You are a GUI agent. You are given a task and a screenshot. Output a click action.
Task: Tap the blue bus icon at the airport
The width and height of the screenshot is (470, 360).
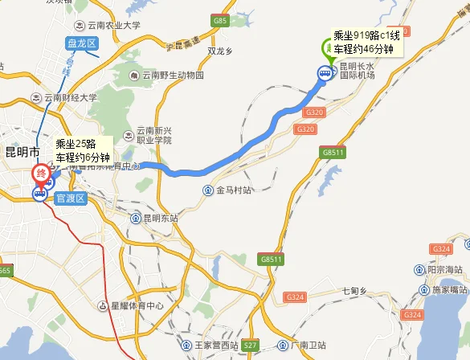[325, 74]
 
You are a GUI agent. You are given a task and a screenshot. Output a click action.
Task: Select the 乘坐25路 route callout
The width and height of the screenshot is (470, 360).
[82, 149]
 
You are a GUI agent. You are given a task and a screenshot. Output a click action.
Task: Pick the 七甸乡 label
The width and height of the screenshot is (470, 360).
[354, 289]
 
